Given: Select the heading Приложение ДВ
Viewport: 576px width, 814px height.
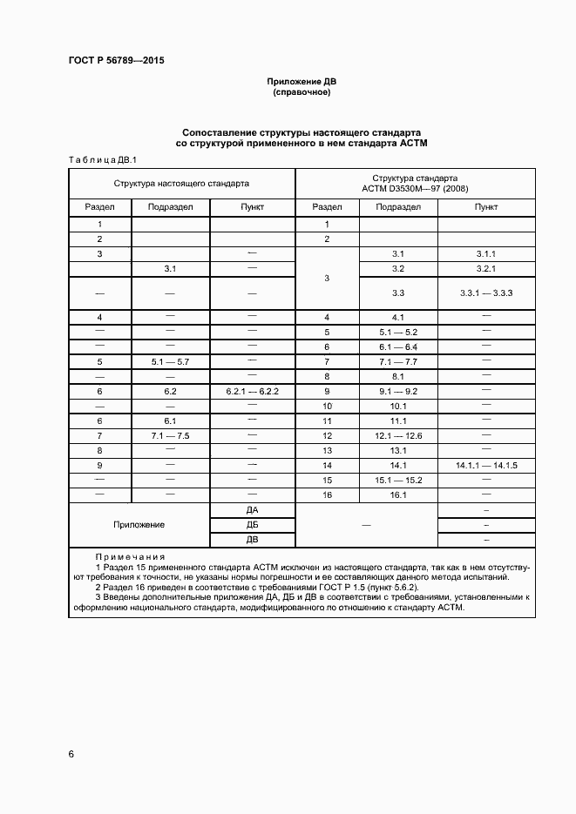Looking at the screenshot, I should (302, 81).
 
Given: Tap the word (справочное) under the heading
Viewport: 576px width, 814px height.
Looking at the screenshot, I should (302, 91).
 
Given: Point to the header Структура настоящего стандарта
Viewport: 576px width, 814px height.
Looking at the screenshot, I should (181, 184).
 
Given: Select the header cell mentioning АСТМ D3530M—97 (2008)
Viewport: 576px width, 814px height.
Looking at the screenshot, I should (415, 184).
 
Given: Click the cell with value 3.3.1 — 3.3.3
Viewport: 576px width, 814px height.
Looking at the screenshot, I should (485, 293).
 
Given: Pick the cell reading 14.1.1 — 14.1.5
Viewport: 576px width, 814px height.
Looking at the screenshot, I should (485, 466).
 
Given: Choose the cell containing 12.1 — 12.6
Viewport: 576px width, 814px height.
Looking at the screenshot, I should (397, 435).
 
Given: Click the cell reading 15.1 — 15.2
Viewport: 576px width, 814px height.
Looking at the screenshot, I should (397, 480).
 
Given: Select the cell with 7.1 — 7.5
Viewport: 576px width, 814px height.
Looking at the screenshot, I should (170, 435).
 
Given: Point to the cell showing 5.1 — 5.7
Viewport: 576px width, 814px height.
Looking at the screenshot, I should (170, 361).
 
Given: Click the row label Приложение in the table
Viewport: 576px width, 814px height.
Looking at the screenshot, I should (139, 525).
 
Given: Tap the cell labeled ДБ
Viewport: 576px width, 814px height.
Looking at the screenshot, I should (252, 525).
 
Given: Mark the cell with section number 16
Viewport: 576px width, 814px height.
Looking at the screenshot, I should (327, 494).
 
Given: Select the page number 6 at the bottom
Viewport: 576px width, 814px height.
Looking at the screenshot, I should (71, 753).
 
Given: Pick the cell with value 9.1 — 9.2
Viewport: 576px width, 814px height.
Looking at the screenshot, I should (397, 392).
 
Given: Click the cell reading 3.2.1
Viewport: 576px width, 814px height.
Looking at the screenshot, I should (485, 269).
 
